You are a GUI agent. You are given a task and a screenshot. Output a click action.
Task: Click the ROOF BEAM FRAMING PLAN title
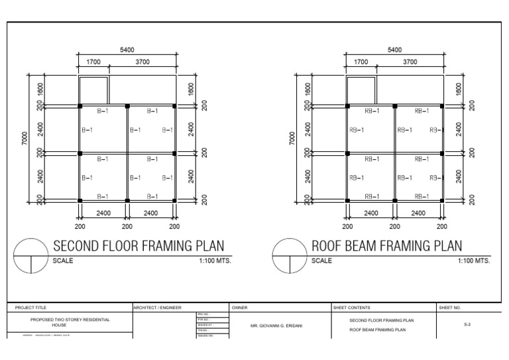(x=387, y=246)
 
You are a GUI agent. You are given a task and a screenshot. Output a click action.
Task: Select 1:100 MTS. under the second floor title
(x=215, y=261)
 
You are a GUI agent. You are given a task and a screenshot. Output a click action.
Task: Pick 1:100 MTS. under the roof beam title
(x=473, y=261)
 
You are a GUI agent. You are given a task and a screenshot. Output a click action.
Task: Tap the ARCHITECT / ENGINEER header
(x=158, y=308)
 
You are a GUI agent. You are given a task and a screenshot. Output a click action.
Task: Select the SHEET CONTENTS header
(x=352, y=308)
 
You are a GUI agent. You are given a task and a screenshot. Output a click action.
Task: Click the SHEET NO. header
(x=450, y=308)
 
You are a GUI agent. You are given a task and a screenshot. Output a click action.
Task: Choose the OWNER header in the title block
(x=240, y=308)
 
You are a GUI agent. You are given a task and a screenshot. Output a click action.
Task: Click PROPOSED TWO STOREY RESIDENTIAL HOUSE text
(x=70, y=323)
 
